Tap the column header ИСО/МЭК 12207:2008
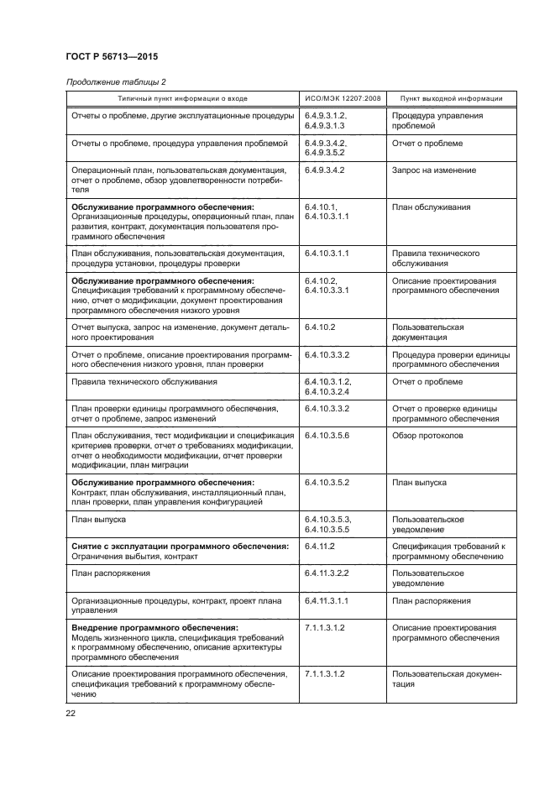tap(343, 98)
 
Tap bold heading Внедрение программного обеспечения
tap(154, 627)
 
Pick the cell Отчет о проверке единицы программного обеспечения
tap(448, 413)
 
